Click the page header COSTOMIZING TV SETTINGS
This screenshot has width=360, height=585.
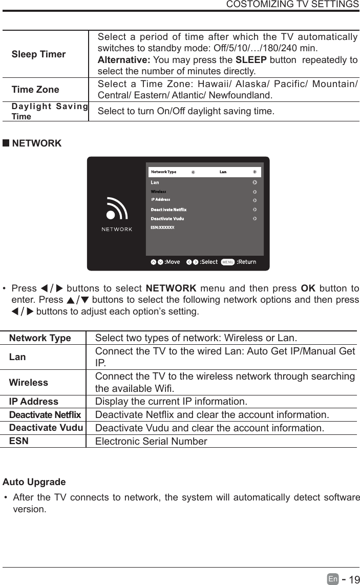[x=292, y=5]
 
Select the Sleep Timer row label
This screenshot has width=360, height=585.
[x=38, y=54]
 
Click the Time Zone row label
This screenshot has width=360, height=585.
[x=35, y=90]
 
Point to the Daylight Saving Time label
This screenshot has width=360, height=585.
[x=49, y=111]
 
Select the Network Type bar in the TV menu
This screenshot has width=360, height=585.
[x=204, y=172]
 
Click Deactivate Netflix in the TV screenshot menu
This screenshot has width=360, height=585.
[x=168, y=210]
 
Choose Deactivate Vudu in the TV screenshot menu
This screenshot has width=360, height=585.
[x=167, y=219]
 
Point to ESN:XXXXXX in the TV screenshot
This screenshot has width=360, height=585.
[x=162, y=227]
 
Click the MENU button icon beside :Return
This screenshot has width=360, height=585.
[x=228, y=262]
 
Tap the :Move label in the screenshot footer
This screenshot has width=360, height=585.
[x=172, y=262]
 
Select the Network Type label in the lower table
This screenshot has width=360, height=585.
[x=40, y=338]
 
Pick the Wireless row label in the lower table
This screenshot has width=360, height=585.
[x=29, y=383]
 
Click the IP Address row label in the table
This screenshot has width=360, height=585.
[x=34, y=402]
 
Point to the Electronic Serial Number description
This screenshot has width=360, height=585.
[x=151, y=441]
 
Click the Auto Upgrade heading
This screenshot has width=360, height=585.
[x=34, y=482]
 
